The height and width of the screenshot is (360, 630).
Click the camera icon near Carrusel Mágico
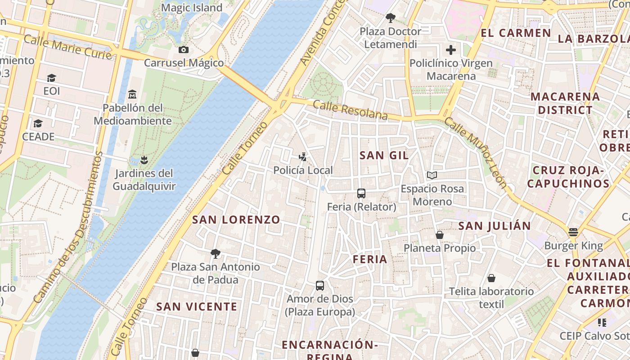click(x=183, y=50)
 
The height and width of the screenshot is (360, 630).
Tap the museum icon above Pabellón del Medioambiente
click(x=132, y=94)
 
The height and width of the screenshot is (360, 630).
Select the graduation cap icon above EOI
click(x=51, y=78)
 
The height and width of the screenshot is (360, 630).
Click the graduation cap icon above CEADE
click(x=38, y=123)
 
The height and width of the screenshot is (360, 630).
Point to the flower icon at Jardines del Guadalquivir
click(x=144, y=160)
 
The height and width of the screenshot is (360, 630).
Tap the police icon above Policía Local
click(x=303, y=157)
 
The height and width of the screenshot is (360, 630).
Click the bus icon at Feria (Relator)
click(x=361, y=193)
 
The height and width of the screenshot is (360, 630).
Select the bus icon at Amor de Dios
click(x=319, y=285)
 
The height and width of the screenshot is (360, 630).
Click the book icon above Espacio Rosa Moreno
click(x=432, y=175)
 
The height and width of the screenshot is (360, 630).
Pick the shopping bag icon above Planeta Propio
click(x=440, y=234)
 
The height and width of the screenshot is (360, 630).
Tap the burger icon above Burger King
click(x=573, y=232)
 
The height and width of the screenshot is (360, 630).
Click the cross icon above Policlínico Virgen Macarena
click(x=450, y=50)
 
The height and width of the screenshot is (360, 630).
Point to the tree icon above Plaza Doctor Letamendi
click(x=390, y=18)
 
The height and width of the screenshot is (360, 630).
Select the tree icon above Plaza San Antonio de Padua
click(x=216, y=253)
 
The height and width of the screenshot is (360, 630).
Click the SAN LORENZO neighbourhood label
click(x=236, y=220)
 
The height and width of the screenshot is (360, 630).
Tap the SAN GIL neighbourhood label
click(x=384, y=155)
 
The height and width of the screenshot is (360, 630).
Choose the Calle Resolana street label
click(x=350, y=110)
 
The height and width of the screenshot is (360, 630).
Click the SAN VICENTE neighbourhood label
click(x=196, y=306)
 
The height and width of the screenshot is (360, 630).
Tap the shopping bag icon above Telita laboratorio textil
click(x=491, y=278)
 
